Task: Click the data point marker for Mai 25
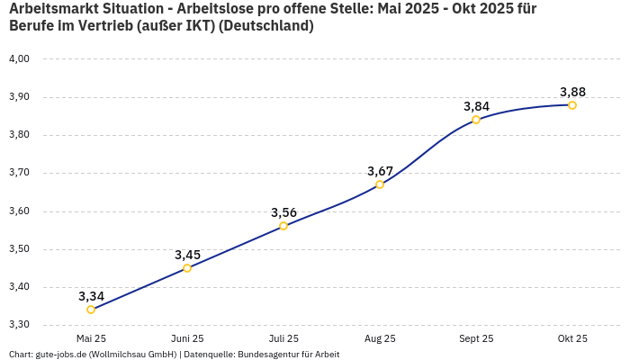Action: pos(91,310)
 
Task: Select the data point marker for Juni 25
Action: pos(187,268)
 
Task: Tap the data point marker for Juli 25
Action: pos(283,226)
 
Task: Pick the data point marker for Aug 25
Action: pos(380,184)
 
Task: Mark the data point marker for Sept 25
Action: pos(476,120)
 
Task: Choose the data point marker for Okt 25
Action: pos(572,105)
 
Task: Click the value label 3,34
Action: pos(91,296)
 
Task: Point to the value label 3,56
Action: pos(283,212)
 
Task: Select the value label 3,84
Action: pos(476,106)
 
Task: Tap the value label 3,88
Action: pos(572,92)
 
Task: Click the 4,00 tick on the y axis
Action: pos(19,59)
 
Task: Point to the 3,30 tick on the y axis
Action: pos(19,325)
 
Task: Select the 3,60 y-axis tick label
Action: pos(19,211)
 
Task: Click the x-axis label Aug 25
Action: pos(380,338)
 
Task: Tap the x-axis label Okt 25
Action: pos(572,338)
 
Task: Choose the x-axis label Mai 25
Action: pos(91,338)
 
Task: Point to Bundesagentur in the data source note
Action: pos(267,355)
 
